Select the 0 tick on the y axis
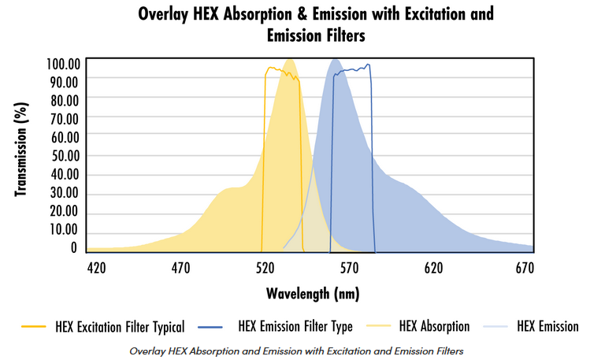[x=74, y=247]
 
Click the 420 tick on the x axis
[x=97, y=268]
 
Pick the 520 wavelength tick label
[x=265, y=268]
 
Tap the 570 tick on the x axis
[x=349, y=268]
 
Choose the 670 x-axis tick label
[x=524, y=268]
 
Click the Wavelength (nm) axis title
[x=313, y=295]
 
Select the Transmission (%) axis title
[x=21, y=154]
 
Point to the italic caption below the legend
[x=295, y=350]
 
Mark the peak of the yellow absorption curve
[x=289, y=60]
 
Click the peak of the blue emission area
[x=336, y=60]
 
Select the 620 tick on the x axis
[x=433, y=268]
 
